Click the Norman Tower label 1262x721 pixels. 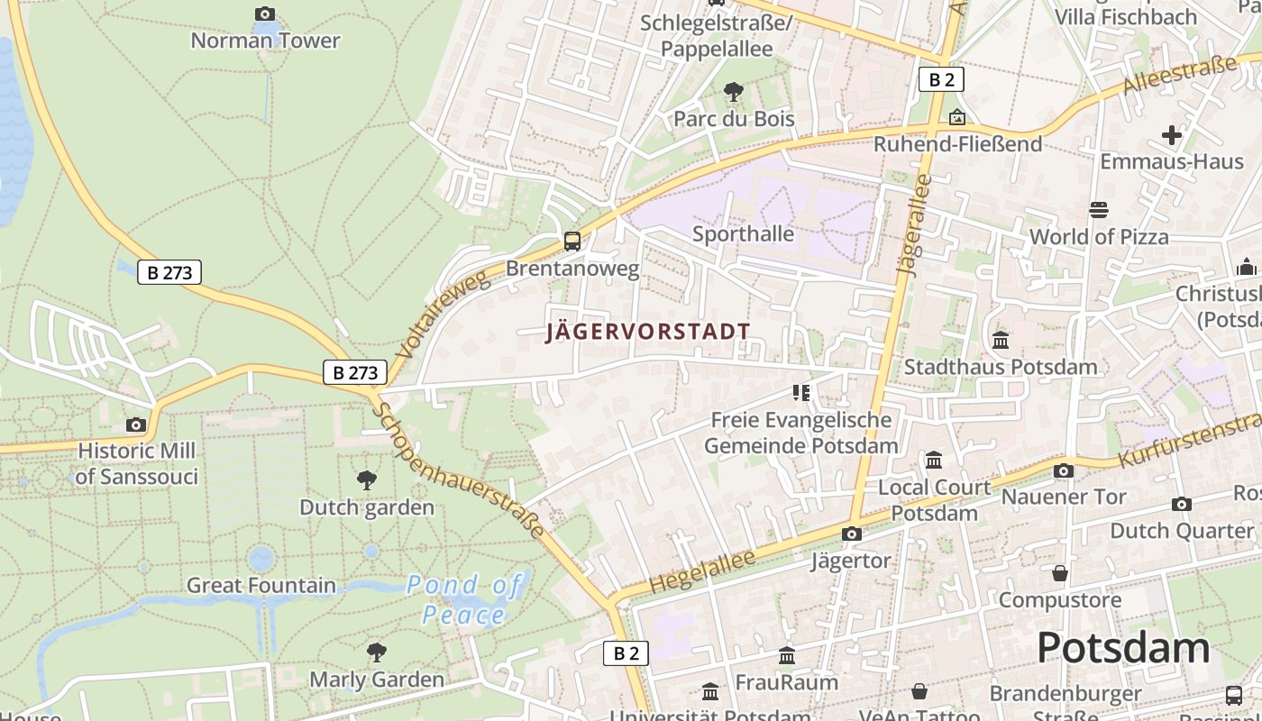pos(265,41)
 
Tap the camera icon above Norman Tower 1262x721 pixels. pos(264,14)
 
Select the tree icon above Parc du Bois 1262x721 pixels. pos(734,91)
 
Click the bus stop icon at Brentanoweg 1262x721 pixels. pos(572,241)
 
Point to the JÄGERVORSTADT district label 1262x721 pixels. pos(648,332)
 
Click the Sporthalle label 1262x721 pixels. pos(743,234)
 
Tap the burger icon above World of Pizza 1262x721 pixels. pos(1099,210)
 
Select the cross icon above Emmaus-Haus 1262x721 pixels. pos(1171,135)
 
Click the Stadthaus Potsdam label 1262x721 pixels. pos(1001,367)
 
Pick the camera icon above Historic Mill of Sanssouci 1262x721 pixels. pos(136,424)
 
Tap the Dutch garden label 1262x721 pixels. pos(367,507)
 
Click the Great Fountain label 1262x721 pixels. pos(261,585)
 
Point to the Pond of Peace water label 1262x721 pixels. pos(464,600)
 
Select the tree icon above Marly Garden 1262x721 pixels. pos(377,652)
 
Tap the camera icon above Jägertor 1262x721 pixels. pos(851,534)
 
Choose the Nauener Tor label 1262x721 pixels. pos(1064,497)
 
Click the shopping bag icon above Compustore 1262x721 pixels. pos(1060,573)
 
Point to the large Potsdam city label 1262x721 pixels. pos(1122,648)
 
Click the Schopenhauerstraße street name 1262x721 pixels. pos(460,470)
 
